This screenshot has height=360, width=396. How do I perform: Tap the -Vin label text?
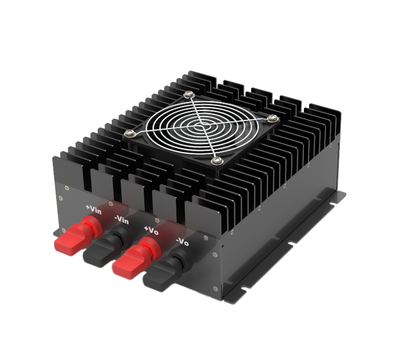(x=121, y=220)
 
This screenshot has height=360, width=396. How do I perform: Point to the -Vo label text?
(x=182, y=243)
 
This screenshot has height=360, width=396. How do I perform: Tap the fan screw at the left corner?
(x=129, y=133)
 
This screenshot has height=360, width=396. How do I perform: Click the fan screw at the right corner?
(x=273, y=118)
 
